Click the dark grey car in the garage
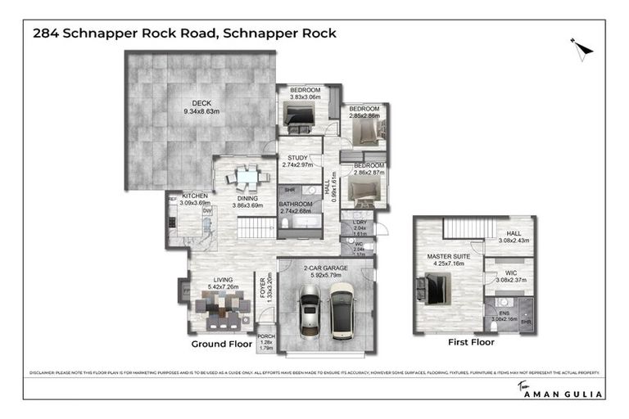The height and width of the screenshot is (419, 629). pos(310,314)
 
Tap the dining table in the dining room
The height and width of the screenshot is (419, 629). pos(247,176)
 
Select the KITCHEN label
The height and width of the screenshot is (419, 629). pos(194,196)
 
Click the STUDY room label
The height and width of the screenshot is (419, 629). pos(296,159)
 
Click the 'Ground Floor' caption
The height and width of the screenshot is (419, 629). pos(221,345)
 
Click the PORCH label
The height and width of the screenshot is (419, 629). pos(265,336)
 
